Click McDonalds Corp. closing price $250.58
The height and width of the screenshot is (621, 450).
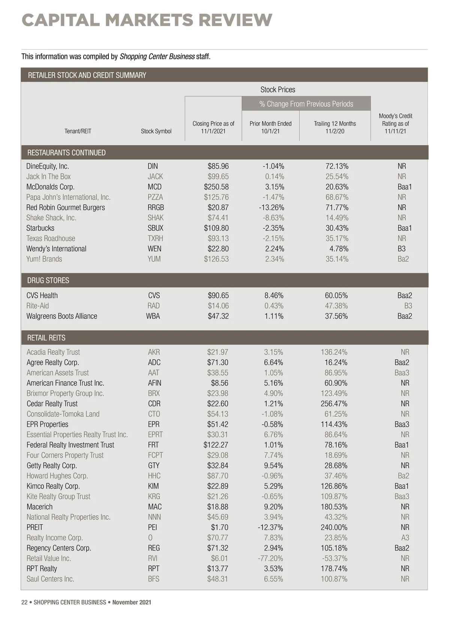coord(216,187)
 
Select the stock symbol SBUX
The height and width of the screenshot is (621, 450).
coord(155,228)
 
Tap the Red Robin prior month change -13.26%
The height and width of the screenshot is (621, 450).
coord(271,207)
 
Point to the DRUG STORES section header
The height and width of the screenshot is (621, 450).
coord(48,280)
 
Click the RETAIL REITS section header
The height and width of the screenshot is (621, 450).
coord(46,338)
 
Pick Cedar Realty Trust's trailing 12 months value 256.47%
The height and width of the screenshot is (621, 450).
coord(334,404)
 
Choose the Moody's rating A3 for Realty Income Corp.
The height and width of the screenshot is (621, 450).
coord(405,537)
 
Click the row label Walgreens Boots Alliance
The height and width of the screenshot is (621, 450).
coord(61,316)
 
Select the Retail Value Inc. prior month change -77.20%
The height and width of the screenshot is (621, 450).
coord(270,558)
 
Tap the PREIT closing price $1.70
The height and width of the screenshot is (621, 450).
coord(219,527)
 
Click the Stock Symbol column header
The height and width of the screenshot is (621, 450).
coord(156,131)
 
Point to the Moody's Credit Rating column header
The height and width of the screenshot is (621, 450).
coord(395,123)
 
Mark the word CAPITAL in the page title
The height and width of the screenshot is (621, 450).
coord(61,20)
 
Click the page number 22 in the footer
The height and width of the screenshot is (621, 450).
coord(24,602)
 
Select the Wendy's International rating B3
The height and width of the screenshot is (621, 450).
coord(401,248)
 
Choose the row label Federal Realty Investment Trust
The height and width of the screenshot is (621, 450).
coord(70,445)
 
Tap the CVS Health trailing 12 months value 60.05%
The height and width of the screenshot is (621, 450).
coord(336,295)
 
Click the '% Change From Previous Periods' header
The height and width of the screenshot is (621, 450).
coord(306,104)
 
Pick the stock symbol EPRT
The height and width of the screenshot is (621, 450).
coord(155,434)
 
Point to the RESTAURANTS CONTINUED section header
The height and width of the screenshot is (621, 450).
coord(66,153)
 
